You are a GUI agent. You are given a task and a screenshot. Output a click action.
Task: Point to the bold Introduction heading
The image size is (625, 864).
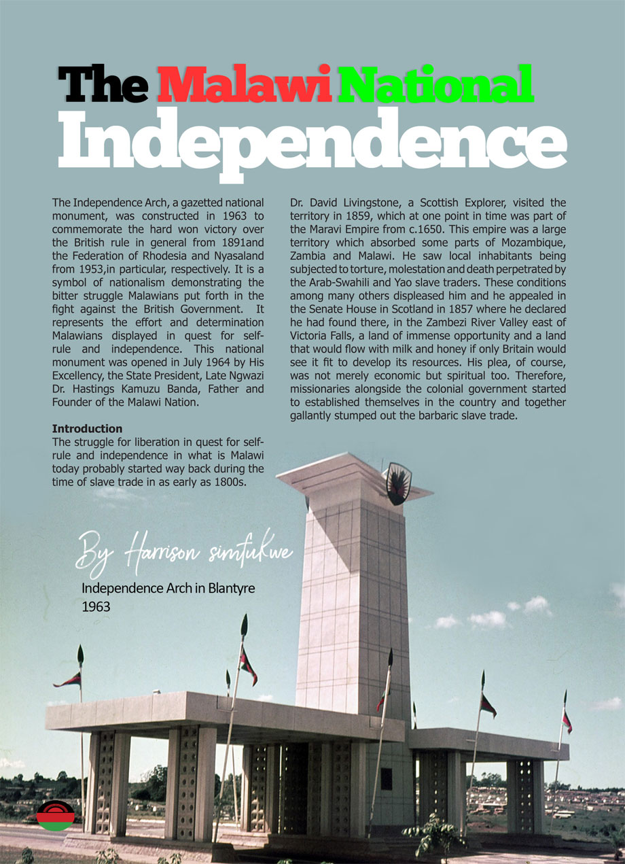pos(87,429)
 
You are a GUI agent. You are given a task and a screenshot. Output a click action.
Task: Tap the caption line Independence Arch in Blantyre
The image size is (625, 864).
pos(168,588)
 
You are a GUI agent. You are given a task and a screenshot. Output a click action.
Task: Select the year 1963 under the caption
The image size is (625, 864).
pos(96,606)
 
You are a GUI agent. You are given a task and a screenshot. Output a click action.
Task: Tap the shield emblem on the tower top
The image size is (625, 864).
pos(397,483)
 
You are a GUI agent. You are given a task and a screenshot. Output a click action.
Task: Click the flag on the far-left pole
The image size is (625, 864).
pos(69,680)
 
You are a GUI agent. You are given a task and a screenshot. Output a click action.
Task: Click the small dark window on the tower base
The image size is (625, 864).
pos(386,779)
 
